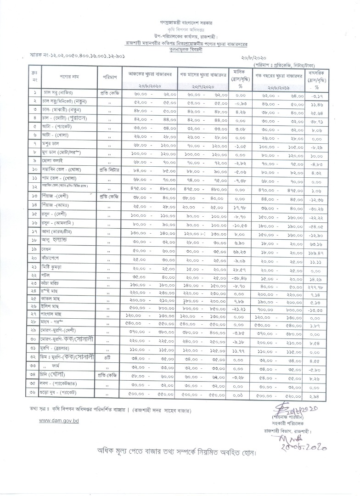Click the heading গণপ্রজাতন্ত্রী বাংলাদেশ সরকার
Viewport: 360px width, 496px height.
(180, 22)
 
